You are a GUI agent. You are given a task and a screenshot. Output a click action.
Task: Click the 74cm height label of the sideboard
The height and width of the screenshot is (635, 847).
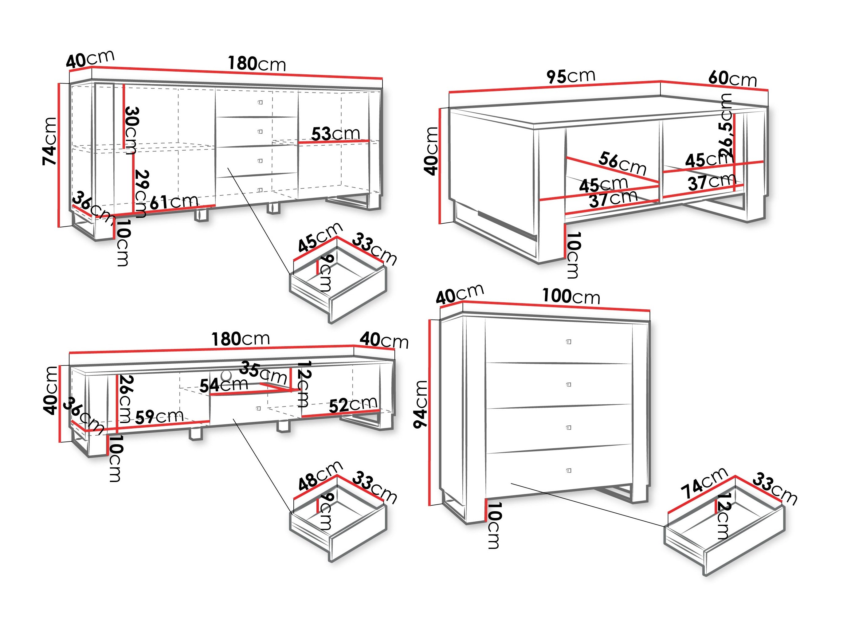[50, 141]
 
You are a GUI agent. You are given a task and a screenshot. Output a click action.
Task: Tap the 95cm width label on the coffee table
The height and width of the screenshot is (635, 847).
[570, 76]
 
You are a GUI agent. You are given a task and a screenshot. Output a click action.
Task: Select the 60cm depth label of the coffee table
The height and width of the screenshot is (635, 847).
[732, 79]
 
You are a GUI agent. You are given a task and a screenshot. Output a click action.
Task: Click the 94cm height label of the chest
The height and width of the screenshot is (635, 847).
[421, 404]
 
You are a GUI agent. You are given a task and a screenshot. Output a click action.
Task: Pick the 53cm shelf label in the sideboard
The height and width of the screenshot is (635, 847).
[335, 134]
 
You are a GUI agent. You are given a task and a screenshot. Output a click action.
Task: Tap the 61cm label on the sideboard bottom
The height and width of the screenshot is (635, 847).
[174, 202]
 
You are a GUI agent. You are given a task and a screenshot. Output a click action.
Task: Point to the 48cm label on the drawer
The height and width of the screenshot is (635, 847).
[320, 476]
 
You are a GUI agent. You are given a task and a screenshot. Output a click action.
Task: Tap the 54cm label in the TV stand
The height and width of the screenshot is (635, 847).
[224, 385]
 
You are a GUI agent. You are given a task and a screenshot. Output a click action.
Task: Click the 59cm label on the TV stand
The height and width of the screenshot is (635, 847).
[159, 417]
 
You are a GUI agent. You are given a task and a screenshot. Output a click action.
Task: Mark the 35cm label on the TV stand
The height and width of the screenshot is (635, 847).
[264, 373]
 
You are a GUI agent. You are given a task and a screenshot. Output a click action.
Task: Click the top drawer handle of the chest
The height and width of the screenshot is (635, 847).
[569, 342]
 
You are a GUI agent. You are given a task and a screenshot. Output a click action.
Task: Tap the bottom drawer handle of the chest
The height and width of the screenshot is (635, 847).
[569, 470]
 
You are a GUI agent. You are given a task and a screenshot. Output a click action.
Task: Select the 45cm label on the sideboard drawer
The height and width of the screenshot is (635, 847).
[320, 237]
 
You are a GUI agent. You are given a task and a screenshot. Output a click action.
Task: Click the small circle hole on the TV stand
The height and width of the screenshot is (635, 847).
[226, 374]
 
